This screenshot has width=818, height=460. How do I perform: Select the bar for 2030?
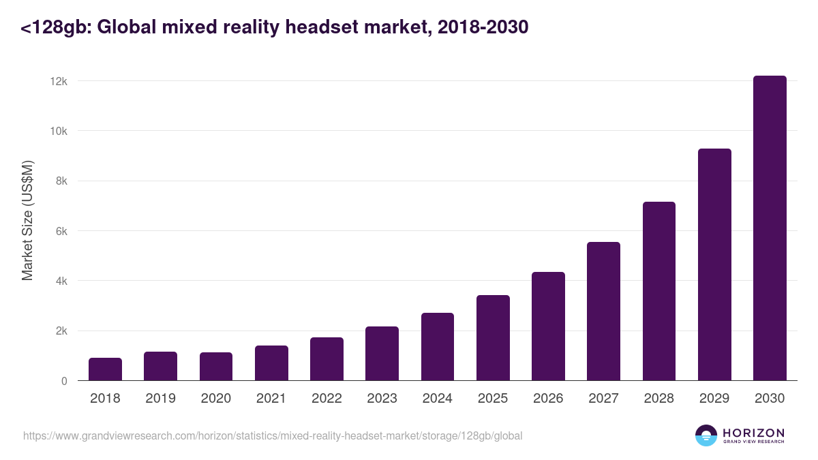770,228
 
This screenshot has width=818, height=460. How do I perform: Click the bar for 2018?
105,369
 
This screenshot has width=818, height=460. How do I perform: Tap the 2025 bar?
493,338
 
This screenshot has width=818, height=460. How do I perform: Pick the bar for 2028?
659,291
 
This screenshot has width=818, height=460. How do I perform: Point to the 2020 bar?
216,367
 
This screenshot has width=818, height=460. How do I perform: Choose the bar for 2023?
382,354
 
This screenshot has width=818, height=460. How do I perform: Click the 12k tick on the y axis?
59,81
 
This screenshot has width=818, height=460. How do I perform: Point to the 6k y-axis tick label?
61,231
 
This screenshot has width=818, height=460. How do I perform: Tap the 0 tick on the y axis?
64,381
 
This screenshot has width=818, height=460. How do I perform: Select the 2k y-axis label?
61,331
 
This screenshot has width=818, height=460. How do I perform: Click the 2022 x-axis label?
327,399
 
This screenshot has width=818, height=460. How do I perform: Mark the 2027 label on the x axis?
603,399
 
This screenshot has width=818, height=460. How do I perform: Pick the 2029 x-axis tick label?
714,399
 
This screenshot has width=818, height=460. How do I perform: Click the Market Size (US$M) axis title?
27,220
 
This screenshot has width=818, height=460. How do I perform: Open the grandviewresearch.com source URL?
273,435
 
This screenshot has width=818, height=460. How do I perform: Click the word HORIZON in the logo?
753,432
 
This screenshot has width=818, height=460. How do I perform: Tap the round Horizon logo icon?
706,435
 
